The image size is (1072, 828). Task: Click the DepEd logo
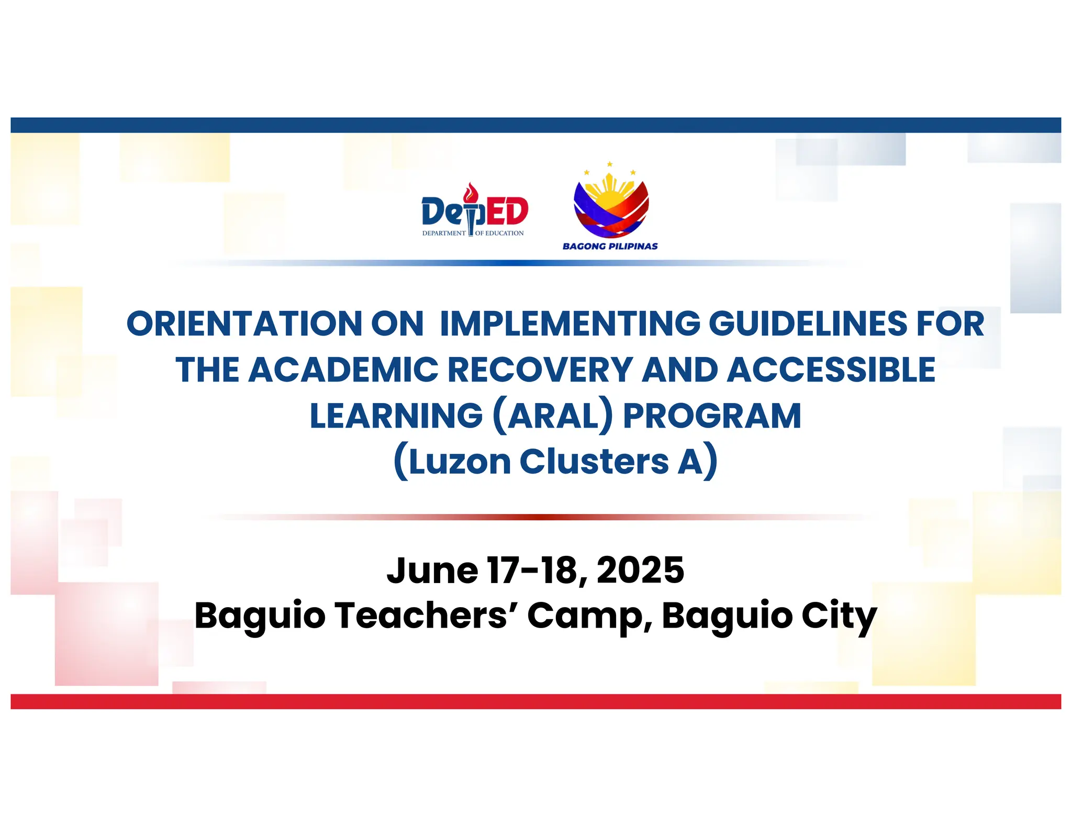474,212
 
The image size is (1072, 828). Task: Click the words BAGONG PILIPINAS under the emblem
610,246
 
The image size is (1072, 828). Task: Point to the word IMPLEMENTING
569,323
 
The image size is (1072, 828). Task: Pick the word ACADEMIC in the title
343,370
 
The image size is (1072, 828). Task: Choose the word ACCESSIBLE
831,370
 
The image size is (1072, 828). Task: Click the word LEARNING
396,416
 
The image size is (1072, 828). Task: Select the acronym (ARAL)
553,416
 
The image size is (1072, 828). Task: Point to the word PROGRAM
712,416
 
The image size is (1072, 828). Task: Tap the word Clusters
594,462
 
